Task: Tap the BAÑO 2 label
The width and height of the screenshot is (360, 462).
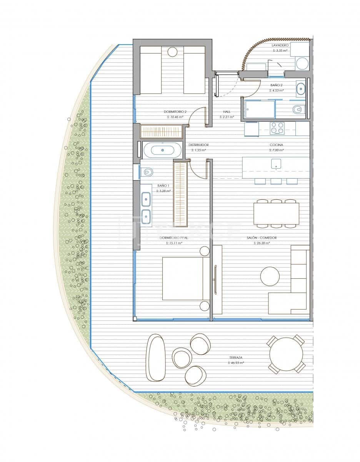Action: pos(276,85)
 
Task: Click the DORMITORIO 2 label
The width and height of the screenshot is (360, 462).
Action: pos(175,112)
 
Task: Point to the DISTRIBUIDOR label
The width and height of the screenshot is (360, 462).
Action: pos(198,145)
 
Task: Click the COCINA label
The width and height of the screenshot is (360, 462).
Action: pos(276,145)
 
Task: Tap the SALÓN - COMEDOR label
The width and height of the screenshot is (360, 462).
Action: pos(262,238)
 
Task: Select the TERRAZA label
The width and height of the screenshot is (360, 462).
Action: pos(236,357)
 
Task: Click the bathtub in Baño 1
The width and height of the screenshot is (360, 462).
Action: pos(162,150)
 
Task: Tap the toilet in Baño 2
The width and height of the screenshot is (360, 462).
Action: pos(297,110)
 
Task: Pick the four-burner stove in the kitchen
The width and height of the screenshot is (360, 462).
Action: pos(277,128)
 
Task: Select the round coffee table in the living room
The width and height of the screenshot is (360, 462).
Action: pos(270,276)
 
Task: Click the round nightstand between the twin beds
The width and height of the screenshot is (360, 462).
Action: pos(172,52)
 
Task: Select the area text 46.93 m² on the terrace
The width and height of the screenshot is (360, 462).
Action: pos(236,363)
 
